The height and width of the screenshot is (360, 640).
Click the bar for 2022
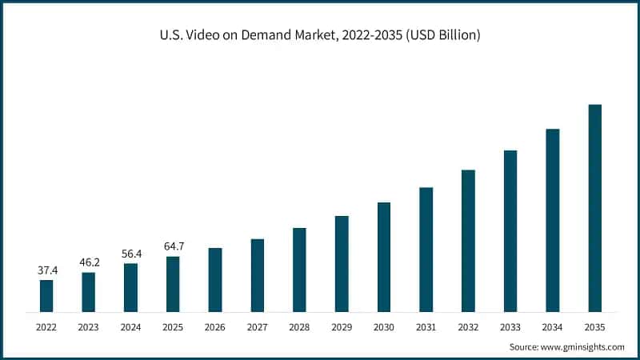[x=46, y=295]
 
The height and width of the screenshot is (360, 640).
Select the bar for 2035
[x=594, y=207]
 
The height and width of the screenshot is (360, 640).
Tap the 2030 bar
[x=384, y=256]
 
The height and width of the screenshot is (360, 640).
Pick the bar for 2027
[x=258, y=274]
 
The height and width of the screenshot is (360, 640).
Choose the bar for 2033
[x=510, y=230]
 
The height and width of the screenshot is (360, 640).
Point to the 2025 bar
[x=173, y=283]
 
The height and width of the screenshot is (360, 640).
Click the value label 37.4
[x=46, y=270]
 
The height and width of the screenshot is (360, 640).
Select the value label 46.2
[x=89, y=262]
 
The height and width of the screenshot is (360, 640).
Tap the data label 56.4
[x=130, y=253]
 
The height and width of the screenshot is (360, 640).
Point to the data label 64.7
[x=173, y=246]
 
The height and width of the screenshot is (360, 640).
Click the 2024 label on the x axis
[x=130, y=326]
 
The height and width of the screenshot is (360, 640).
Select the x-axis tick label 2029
[x=342, y=326]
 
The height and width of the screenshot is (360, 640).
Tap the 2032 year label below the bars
[x=468, y=326]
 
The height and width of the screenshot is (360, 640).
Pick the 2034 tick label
[x=552, y=326]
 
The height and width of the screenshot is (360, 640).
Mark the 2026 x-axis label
[x=215, y=326]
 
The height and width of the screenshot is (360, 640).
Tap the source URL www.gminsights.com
[x=584, y=347]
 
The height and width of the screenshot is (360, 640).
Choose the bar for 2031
[x=426, y=249]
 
